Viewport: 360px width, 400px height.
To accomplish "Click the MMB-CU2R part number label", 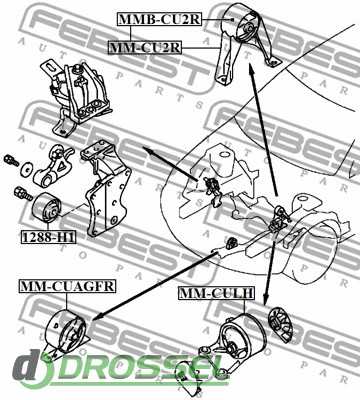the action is (159, 20).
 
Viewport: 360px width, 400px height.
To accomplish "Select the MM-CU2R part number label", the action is (145, 48).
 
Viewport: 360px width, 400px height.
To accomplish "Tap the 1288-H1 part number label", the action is (49, 237).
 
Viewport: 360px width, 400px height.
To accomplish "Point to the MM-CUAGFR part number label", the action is (68, 286).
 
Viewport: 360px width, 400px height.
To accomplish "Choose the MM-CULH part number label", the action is (216, 293).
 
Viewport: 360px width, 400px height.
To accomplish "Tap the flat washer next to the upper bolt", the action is (27, 169).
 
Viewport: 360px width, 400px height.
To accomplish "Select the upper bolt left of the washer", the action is (11, 160).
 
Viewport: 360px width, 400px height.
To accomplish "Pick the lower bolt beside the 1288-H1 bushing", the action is (23, 193).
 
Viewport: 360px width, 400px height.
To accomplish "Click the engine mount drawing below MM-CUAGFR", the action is (67, 333).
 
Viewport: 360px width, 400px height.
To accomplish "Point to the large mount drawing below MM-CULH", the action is (232, 340).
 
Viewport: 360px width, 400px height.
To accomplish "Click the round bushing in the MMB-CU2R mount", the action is (248, 28).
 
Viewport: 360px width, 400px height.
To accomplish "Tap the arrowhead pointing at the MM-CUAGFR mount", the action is (97, 316).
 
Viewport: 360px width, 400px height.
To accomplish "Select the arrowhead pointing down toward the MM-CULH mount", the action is (265, 298).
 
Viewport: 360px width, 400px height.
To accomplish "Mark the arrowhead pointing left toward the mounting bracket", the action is (149, 151).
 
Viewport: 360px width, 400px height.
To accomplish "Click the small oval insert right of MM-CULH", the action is (281, 324).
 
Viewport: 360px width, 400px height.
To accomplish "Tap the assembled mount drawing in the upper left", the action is (78, 97).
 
